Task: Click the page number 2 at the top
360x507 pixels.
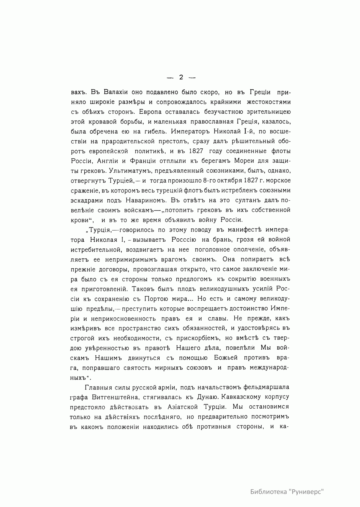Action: pos(181,77)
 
